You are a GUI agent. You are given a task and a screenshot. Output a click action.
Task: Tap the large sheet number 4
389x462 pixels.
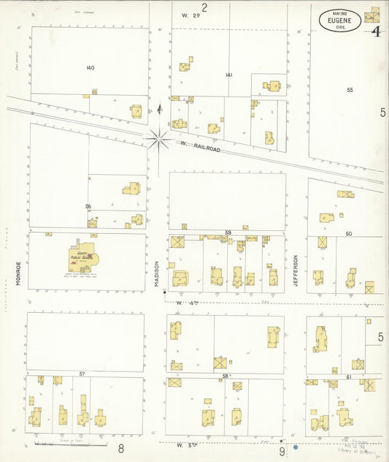coord(375,31)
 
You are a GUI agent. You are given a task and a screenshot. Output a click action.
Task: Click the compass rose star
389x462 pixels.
coord(158,137)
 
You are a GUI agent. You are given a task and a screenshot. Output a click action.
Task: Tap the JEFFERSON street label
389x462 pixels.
coord(296,269)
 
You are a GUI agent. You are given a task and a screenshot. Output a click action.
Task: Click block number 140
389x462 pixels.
coord(90,68)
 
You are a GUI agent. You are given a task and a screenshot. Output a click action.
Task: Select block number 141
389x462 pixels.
coord(229,75)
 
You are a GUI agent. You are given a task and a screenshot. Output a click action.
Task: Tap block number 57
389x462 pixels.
coord(82,374)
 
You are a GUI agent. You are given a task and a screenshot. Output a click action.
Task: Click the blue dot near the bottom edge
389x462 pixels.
coord(296,447)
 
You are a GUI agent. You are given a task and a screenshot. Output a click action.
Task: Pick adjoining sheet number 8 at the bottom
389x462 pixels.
coord(121,447)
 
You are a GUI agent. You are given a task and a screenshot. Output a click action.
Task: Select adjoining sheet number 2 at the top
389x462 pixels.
coord(205,7)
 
